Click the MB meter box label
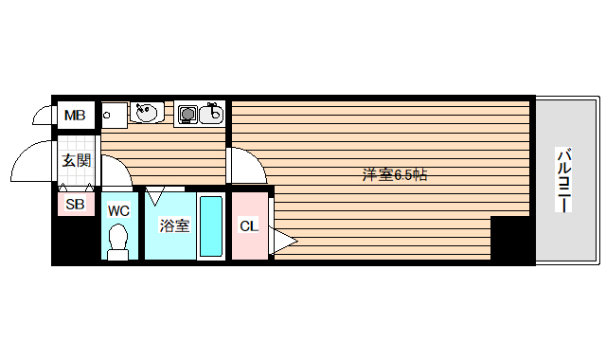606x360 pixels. (75, 117)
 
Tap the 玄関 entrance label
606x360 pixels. (77, 160)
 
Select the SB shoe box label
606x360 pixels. (75, 204)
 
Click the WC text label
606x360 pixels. (118, 210)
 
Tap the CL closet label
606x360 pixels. (248, 225)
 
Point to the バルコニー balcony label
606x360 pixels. (564, 180)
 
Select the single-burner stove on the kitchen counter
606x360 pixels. (187, 115)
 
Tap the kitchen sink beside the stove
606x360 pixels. (212, 115)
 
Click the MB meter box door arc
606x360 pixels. (43, 116)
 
